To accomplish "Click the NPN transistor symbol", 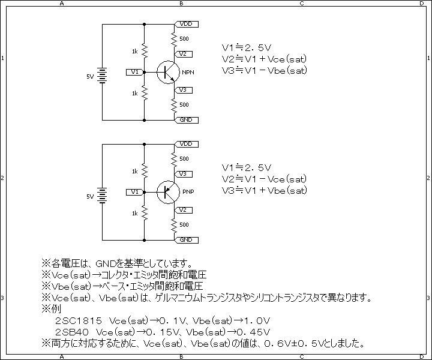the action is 166,72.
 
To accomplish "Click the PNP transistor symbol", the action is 166,192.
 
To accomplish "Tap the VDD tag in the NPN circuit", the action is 187,24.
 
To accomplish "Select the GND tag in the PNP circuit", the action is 187,240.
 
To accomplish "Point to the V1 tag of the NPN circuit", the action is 135,72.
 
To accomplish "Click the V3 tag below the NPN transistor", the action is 184,90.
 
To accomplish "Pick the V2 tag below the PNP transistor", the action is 184,210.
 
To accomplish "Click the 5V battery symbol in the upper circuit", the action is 102,76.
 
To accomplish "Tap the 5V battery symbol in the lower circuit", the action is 102,196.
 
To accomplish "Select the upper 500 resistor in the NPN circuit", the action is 174,39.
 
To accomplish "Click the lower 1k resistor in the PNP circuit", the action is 145,213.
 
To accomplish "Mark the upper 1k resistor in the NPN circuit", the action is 145,51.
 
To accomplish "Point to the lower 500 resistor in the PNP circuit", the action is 174,226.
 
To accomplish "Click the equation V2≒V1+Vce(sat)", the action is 264,59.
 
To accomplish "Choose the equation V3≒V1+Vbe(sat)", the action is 264,191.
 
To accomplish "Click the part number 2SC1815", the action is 79,321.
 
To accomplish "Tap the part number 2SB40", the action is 72,332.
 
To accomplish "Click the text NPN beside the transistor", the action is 188,73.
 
